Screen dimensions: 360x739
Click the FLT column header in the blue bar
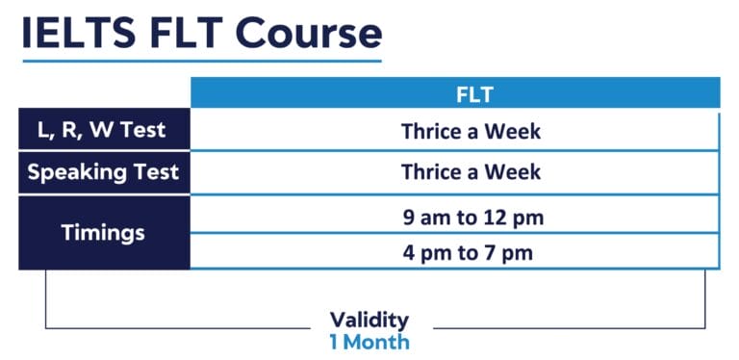click(x=473, y=94)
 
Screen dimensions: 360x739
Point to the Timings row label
click(x=103, y=232)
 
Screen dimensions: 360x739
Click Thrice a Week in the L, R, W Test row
click(x=471, y=131)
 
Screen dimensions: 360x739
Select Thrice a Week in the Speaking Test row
click(x=471, y=173)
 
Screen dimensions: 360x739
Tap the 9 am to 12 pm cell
click(x=473, y=217)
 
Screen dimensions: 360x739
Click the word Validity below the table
click(x=369, y=320)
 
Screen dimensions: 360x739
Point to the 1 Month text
click(x=369, y=342)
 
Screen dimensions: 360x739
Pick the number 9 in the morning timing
click(x=410, y=217)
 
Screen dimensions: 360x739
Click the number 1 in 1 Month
click(x=334, y=342)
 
